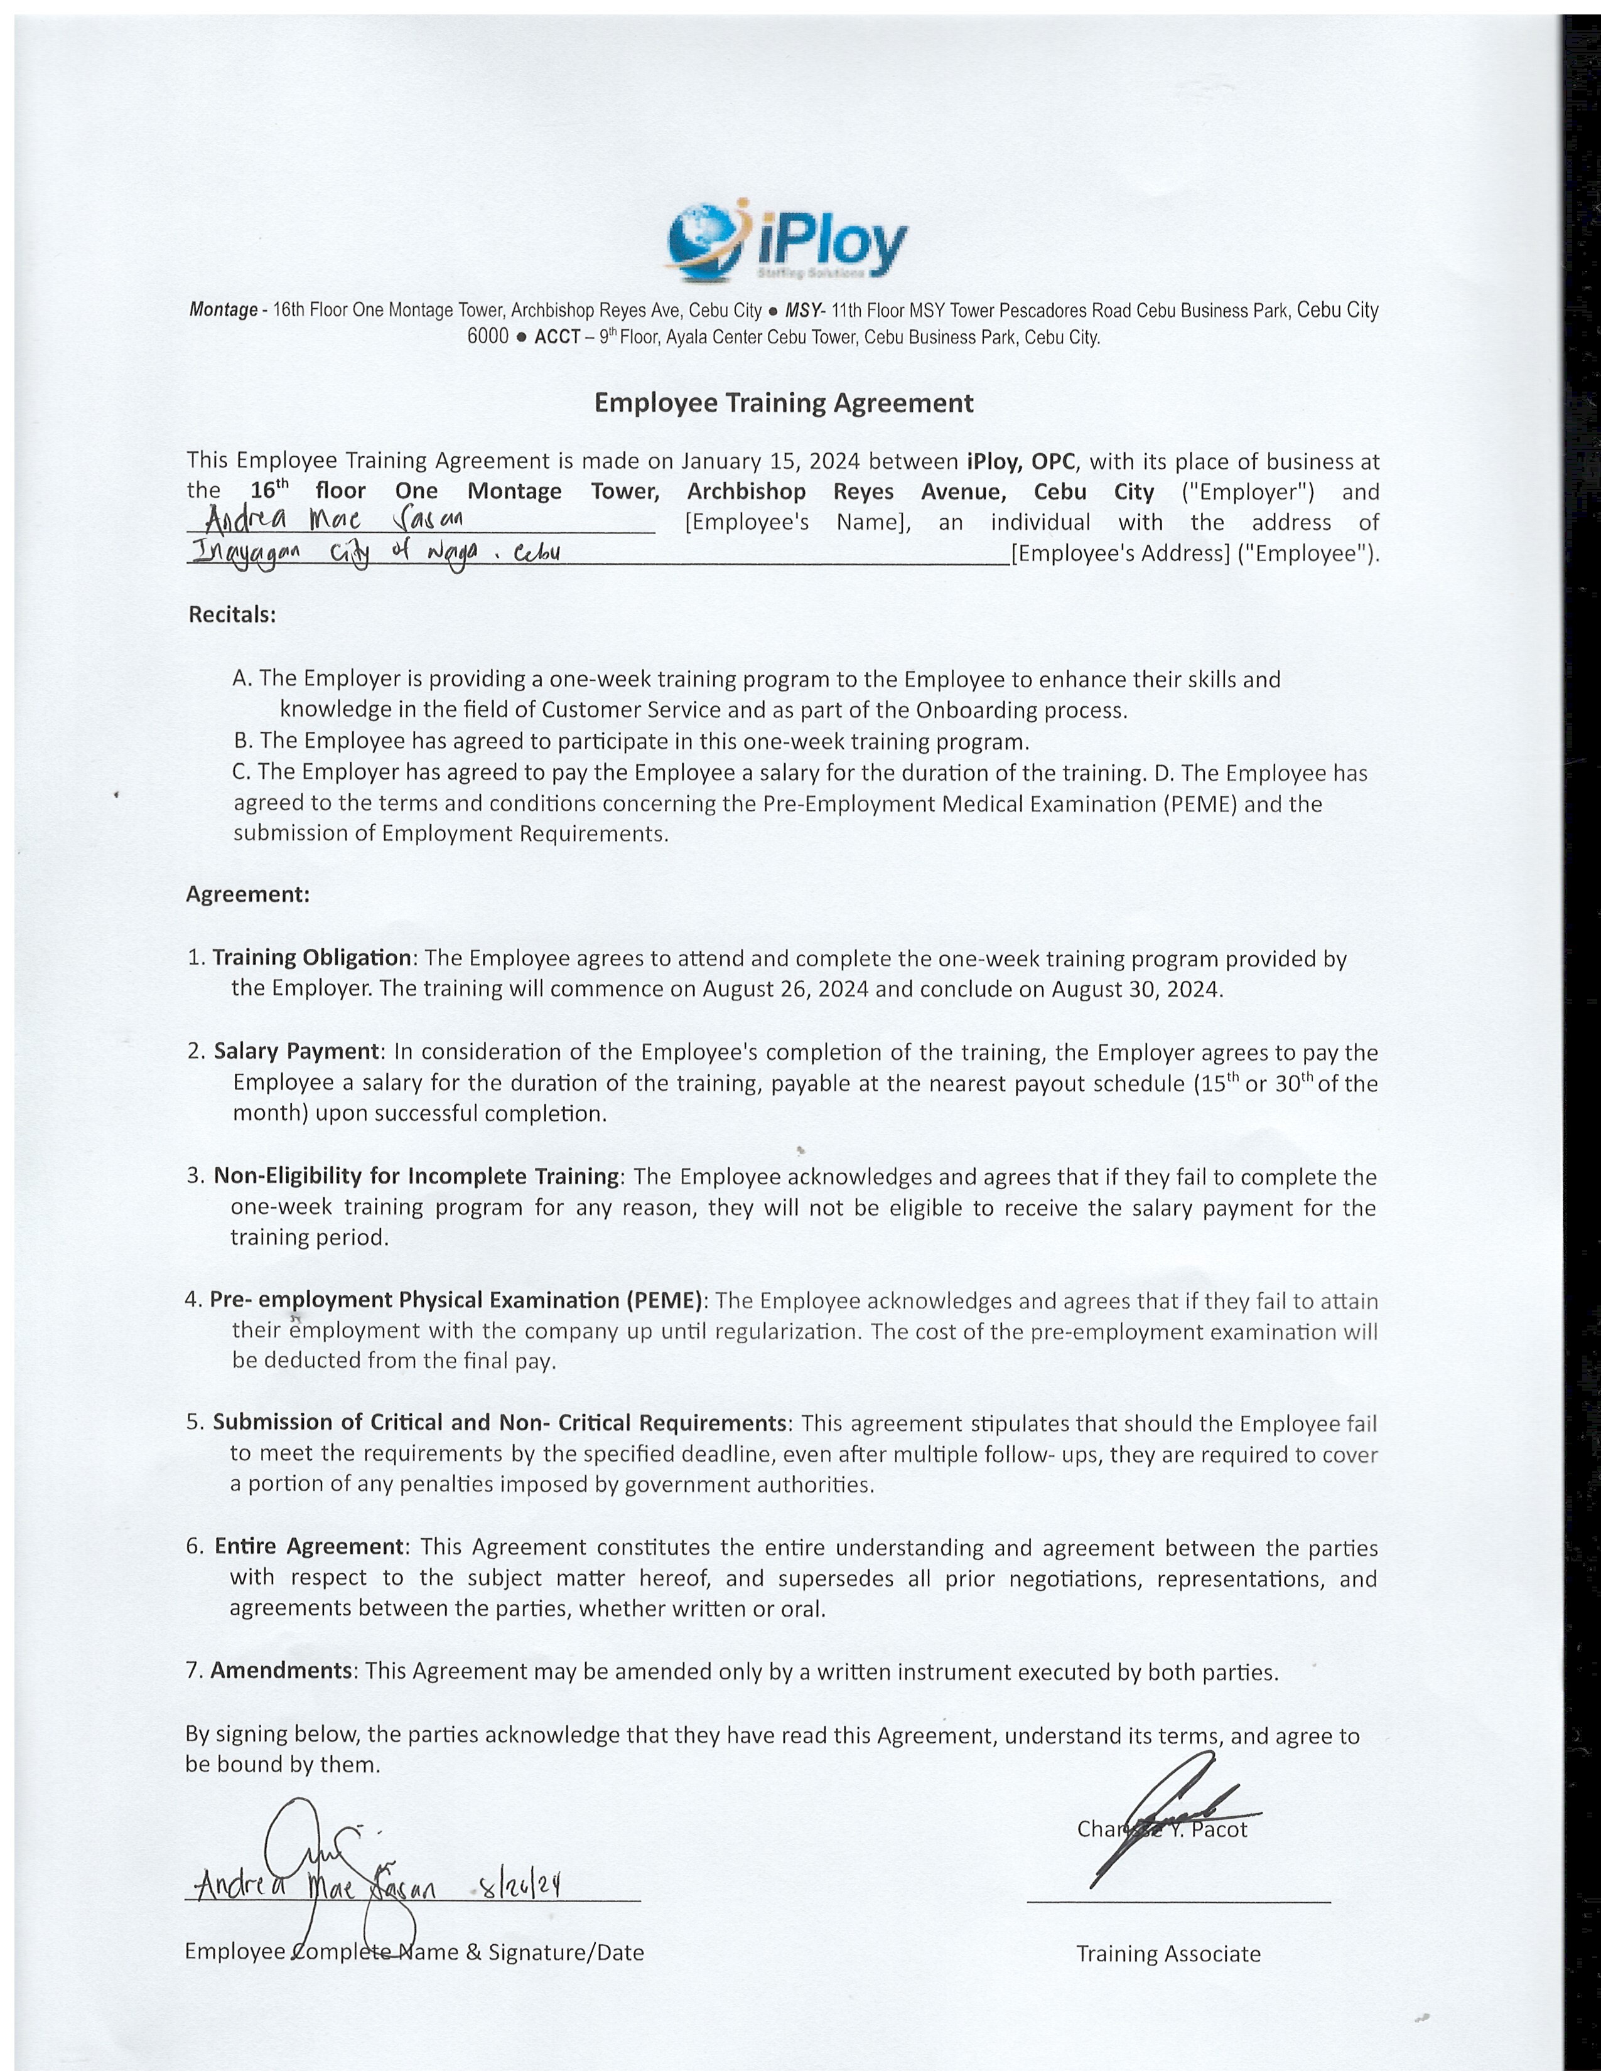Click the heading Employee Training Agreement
[784, 403]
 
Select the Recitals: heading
[232, 614]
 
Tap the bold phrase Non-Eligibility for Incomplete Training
[416, 1176]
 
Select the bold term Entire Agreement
[309, 1546]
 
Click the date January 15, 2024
[769, 462]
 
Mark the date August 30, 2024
[1135, 989]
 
